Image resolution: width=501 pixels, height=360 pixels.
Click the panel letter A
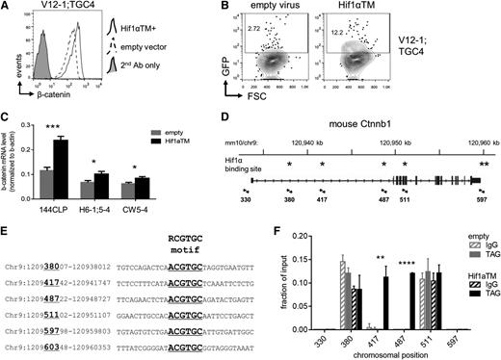tap(7, 8)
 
